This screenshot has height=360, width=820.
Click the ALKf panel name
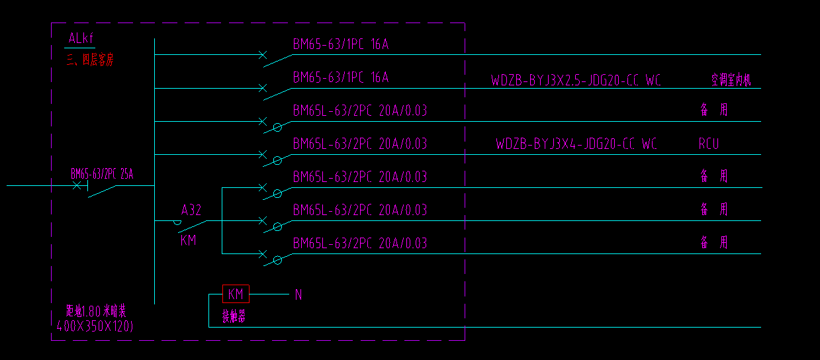(x=81, y=39)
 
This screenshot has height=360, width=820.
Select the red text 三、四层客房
(x=90, y=60)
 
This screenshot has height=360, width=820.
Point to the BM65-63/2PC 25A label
(x=102, y=174)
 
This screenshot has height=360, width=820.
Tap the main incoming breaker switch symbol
(x=97, y=189)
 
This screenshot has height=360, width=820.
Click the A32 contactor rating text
(x=191, y=210)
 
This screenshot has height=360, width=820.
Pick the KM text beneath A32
(x=189, y=240)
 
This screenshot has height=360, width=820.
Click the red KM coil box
(x=236, y=294)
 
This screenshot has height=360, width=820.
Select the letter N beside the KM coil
(x=298, y=295)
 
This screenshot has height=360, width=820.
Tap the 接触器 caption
(x=234, y=317)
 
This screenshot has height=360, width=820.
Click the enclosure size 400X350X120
(x=95, y=325)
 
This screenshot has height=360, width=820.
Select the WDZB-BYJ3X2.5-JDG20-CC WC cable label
(x=576, y=81)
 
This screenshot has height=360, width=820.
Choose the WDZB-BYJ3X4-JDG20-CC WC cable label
(x=576, y=144)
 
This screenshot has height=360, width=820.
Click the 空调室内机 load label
(x=731, y=81)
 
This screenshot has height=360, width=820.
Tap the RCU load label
(x=708, y=144)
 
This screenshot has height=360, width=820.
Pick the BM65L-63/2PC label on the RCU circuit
(x=360, y=144)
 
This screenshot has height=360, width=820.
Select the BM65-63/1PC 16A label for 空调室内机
(x=340, y=77)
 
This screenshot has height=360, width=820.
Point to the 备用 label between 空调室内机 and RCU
(x=714, y=110)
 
